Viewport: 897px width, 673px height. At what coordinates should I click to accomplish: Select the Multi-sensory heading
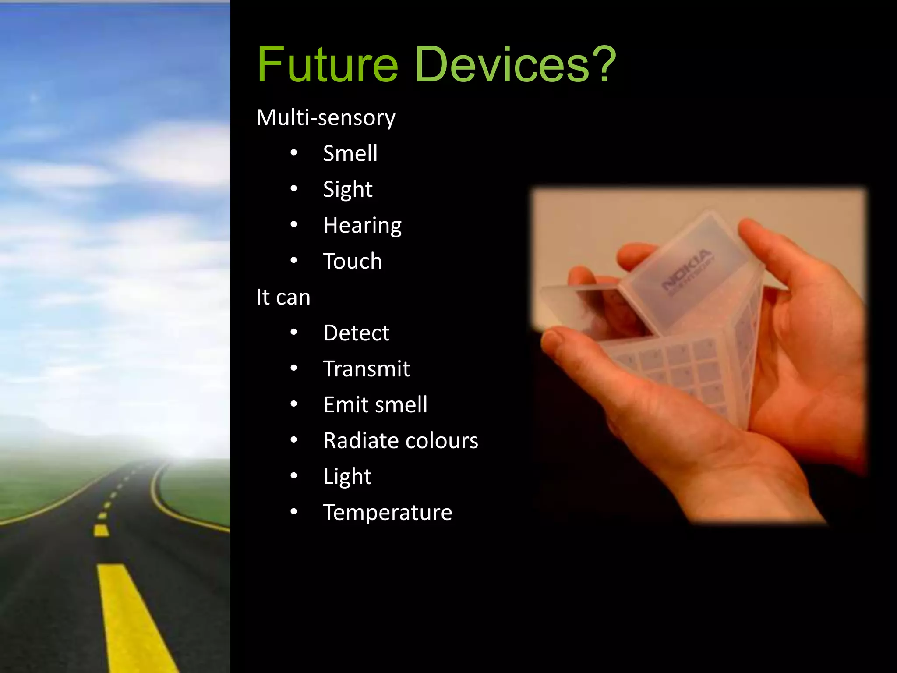pos(325,117)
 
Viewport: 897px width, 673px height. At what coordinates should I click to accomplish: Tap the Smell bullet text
pos(350,153)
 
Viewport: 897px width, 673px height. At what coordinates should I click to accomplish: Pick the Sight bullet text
pos(348,190)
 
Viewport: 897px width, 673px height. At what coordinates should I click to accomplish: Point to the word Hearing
pos(362,226)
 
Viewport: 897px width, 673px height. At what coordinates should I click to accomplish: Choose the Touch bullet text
pos(352,261)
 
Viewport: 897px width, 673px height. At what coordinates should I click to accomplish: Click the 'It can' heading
pos(283,297)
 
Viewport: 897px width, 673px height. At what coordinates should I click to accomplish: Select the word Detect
pos(356,333)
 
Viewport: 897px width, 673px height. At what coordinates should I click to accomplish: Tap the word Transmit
pos(366,369)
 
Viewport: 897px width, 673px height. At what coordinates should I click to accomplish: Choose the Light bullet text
pos(347,477)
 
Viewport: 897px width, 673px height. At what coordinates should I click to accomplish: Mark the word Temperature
pos(388,513)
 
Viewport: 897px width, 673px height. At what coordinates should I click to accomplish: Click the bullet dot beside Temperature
pos(294,511)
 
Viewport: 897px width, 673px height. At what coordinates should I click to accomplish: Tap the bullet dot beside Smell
pos(294,152)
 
